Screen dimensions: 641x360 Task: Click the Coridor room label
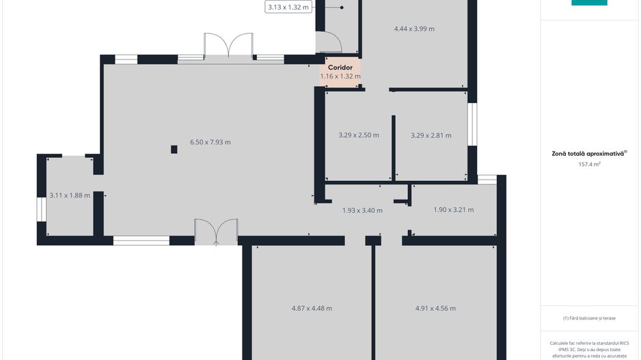[340, 68]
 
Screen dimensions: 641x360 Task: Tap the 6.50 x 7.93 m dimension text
[210, 142]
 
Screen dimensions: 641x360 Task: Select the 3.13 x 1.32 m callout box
[288, 7]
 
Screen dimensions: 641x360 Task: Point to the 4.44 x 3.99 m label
[414, 29]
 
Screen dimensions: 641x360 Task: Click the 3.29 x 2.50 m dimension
[359, 135]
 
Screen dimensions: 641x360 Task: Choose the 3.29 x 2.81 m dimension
[431, 135]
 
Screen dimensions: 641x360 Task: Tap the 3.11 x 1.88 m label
[70, 195]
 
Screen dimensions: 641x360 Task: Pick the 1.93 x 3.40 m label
[362, 210]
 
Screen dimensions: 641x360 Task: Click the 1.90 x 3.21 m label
[453, 210]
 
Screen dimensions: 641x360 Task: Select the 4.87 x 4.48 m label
[312, 308]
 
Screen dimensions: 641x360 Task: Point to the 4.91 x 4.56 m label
[435, 308]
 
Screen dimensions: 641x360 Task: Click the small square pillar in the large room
[174, 150]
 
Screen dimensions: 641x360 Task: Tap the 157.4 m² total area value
[589, 164]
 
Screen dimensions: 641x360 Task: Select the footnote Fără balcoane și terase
[589, 318]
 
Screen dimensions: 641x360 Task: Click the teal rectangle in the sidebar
[589, 3]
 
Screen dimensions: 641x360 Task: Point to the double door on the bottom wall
[216, 232]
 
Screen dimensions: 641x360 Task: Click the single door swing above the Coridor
[329, 42]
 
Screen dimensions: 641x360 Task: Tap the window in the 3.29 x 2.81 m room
[472, 124]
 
